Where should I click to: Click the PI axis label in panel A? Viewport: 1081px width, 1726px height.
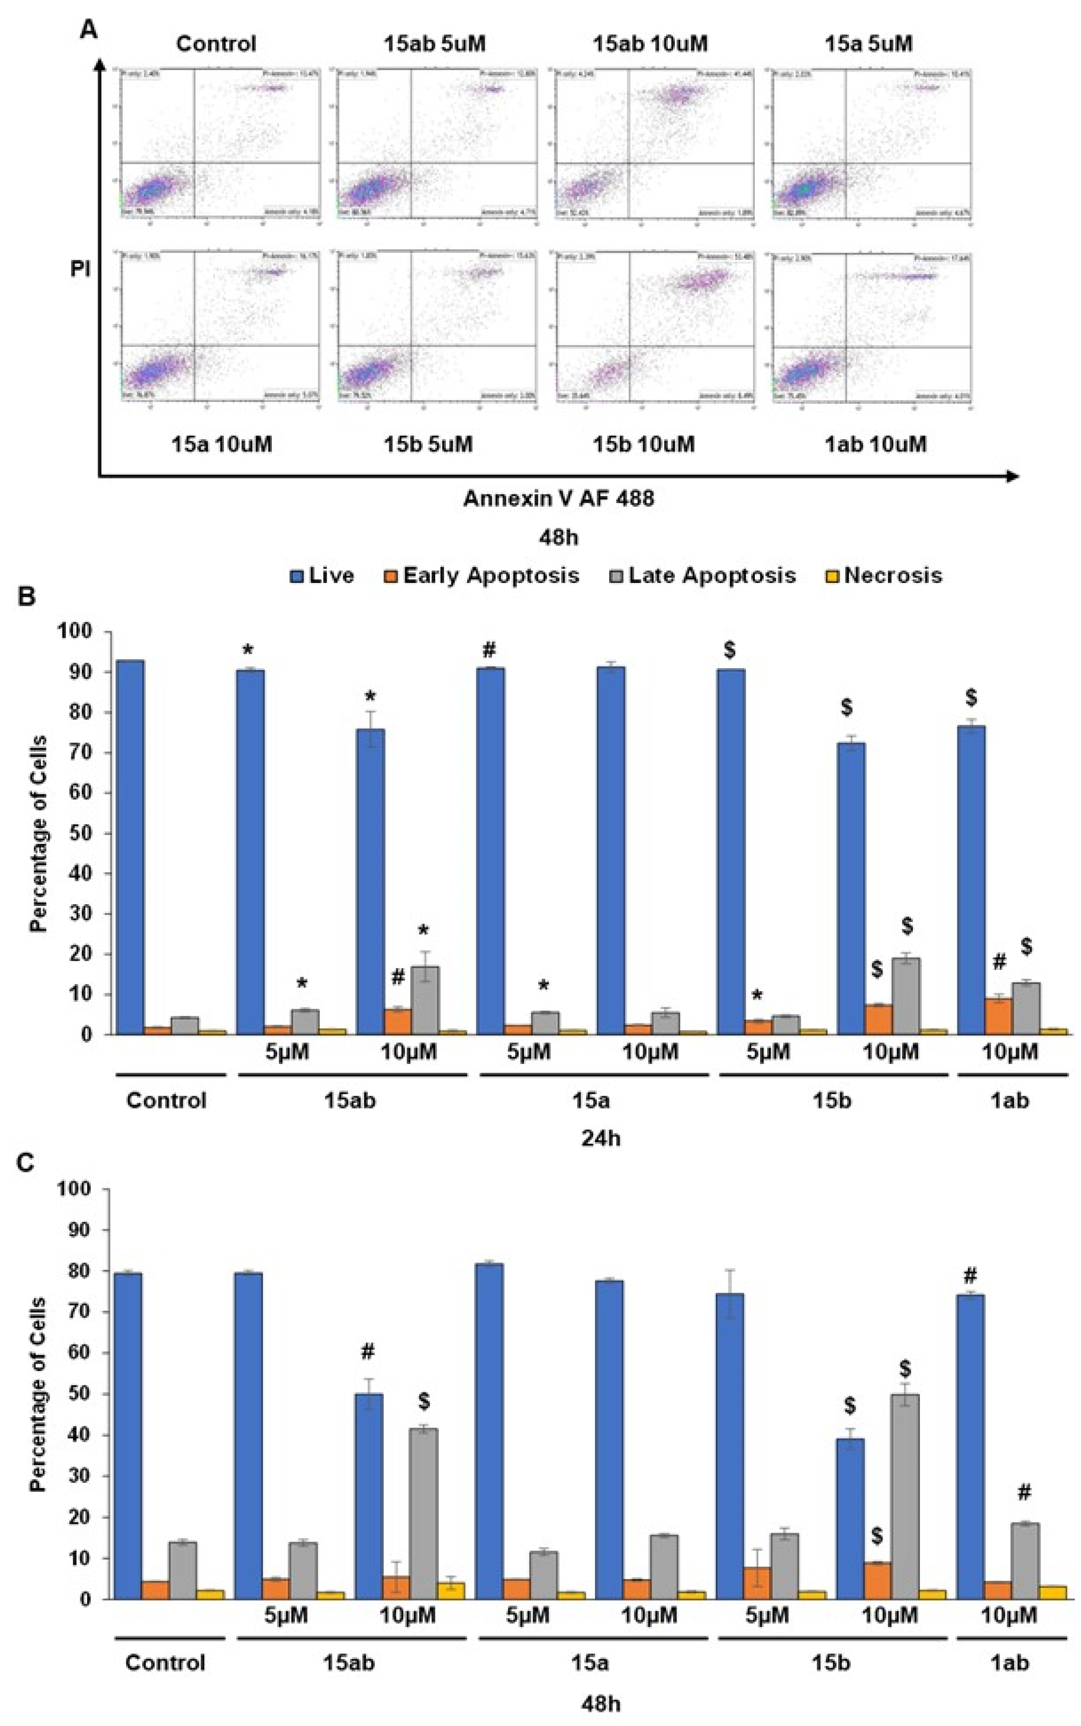tap(81, 270)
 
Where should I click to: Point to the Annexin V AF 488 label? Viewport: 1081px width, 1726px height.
tap(558, 498)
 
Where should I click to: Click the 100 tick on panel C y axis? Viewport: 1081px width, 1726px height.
tap(80, 1189)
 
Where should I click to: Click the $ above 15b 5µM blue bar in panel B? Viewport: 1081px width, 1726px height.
tap(729, 650)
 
